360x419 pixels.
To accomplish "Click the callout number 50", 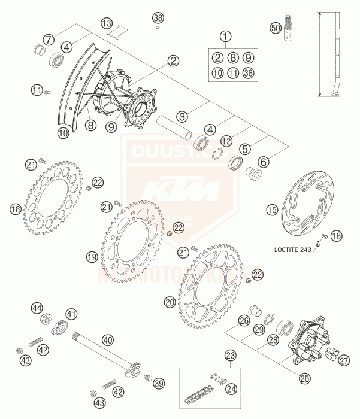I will coord(275,28).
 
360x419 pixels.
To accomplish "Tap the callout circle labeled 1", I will coord(225,37).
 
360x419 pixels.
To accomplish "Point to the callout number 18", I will coord(16,209).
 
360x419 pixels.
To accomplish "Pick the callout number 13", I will coord(107,23).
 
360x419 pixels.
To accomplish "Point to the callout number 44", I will coord(37,308).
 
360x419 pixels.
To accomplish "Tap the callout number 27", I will coord(343,360).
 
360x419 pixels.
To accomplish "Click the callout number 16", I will coord(337,236).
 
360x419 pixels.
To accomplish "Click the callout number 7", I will coord(49,39).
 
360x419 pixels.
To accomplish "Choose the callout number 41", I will coord(71,314).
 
